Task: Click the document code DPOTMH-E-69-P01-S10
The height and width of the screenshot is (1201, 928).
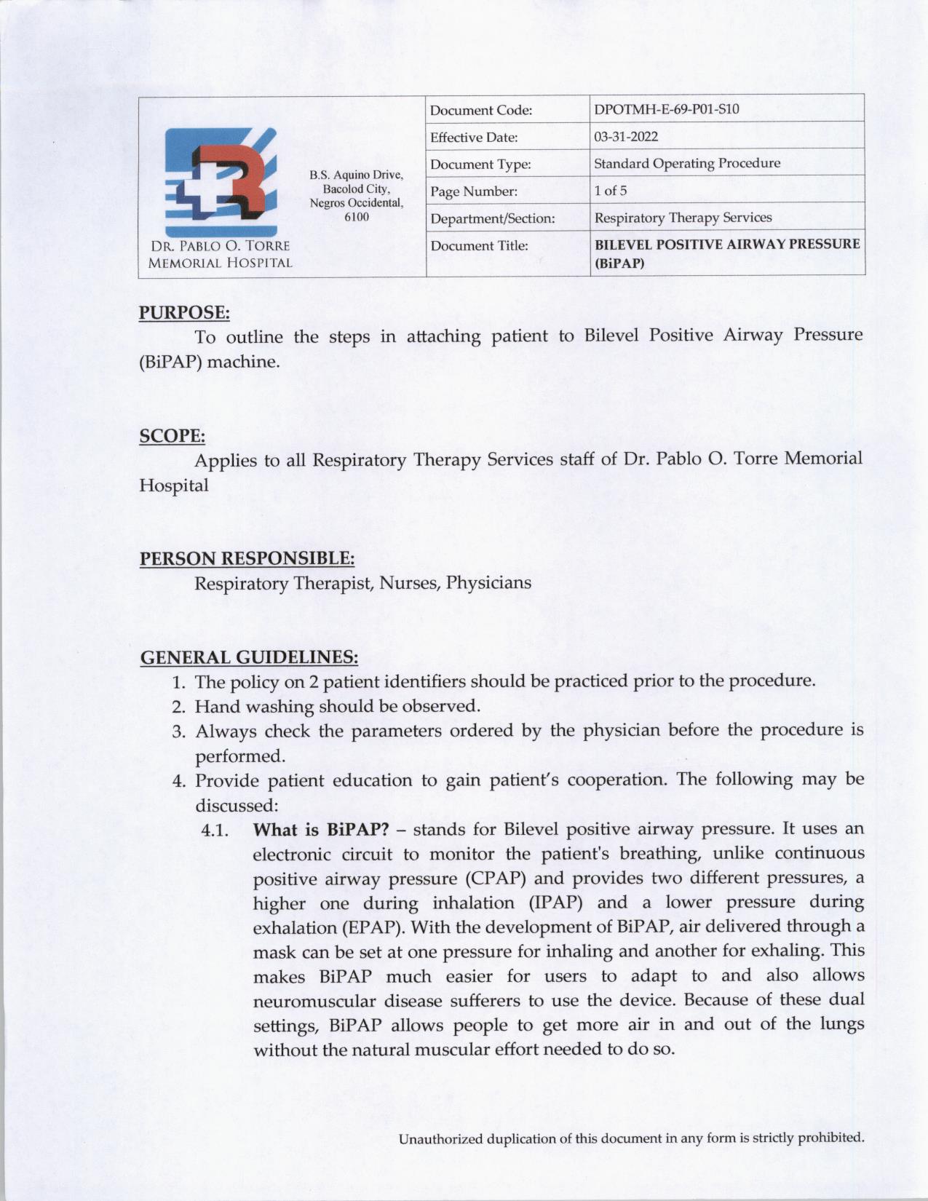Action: (666, 110)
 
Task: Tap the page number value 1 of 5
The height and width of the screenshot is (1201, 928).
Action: (610, 191)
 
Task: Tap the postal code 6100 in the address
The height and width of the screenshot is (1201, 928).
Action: (356, 217)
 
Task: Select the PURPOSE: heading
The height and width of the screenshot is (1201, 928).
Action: (184, 313)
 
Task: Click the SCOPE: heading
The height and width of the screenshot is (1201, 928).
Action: (172, 436)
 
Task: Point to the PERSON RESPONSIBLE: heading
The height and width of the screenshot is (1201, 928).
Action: (247, 559)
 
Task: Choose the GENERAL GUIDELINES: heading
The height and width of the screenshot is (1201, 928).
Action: (249, 658)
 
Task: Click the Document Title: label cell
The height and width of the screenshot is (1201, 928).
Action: (479, 246)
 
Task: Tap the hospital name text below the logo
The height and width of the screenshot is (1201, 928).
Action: (220, 255)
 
